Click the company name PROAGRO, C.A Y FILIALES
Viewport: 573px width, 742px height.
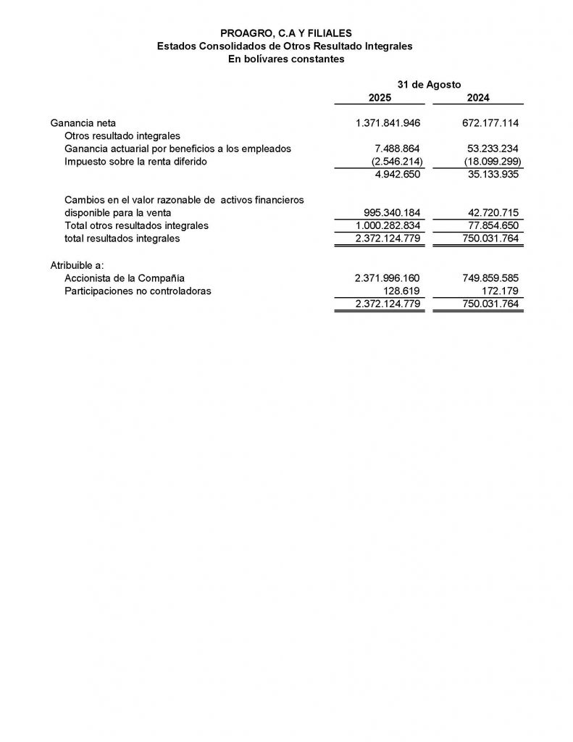point(286,33)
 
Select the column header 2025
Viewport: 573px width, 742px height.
point(380,98)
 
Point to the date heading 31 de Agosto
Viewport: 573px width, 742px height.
point(429,84)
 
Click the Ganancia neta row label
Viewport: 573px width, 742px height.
point(83,122)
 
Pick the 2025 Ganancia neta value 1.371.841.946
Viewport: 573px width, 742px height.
point(388,122)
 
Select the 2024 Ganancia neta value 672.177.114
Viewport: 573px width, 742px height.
point(490,122)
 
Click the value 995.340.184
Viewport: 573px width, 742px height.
point(391,212)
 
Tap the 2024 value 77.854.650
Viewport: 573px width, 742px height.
point(493,225)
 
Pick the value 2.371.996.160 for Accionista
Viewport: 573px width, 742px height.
point(388,278)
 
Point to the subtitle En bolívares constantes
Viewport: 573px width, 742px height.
point(286,59)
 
